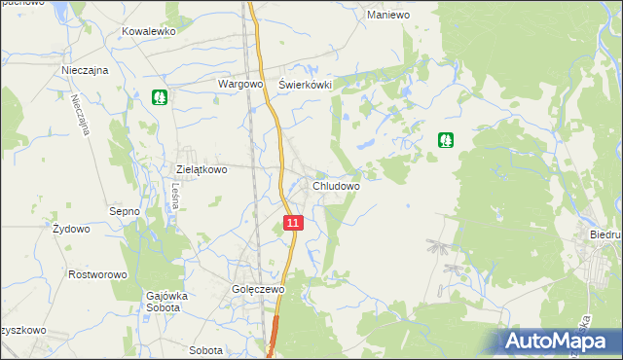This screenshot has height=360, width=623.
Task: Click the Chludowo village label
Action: point(337,185)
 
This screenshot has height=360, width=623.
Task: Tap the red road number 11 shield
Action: point(294,224)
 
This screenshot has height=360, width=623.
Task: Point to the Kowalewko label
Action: point(148,31)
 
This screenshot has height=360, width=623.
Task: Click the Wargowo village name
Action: point(241,84)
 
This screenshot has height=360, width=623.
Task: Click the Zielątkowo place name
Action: point(202,168)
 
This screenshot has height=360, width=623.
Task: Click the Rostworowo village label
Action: point(98,274)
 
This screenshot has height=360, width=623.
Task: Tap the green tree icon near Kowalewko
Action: point(160,97)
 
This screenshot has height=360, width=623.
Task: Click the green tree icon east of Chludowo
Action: point(445,140)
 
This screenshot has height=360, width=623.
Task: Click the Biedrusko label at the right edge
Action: point(605,235)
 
